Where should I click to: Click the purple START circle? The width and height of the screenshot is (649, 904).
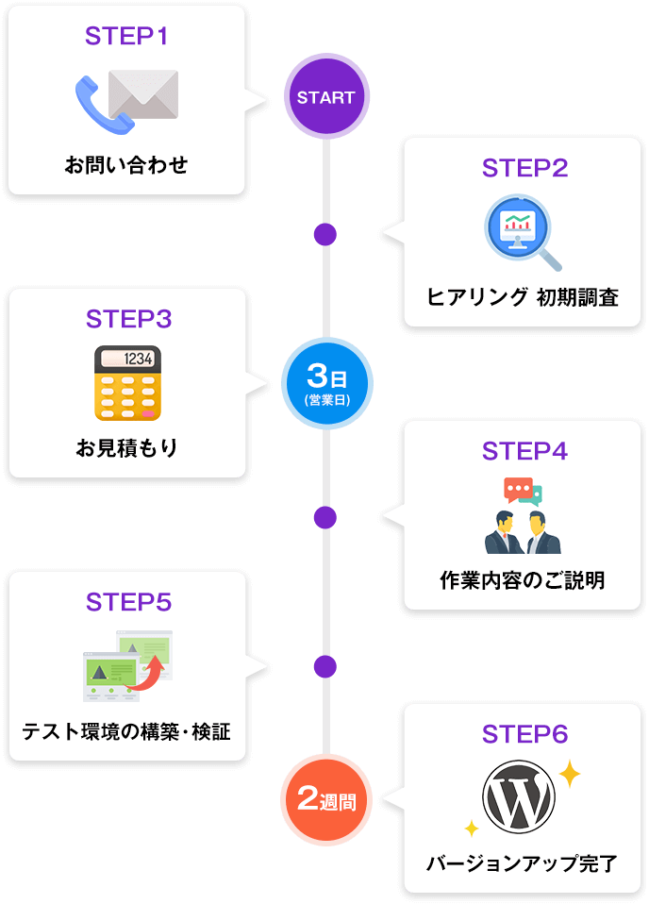[x=325, y=97]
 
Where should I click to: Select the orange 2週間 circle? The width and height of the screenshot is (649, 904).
[x=326, y=799]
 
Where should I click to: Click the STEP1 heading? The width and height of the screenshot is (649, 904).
[x=126, y=37]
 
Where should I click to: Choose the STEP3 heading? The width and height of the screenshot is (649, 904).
[x=128, y=319]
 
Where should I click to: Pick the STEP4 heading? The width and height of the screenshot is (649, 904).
[x=524, y=451]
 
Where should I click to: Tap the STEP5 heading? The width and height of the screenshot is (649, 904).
[x=128, y=602]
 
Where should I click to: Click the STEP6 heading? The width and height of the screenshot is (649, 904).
[x=524, y=734]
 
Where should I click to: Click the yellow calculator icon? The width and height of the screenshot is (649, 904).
[x=127, y=382]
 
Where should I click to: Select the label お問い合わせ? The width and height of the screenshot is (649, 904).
[x=126, y=166]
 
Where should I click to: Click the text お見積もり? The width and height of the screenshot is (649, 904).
[x=127, y=447]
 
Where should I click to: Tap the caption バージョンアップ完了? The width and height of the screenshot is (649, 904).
[x=522, y=862]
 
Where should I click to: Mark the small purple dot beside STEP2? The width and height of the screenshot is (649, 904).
[x=325, y=234]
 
